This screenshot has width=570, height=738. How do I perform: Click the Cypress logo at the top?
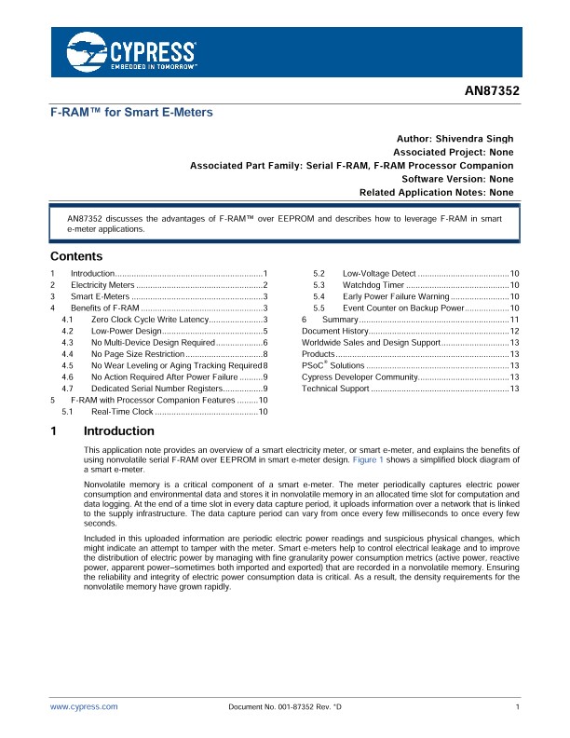(131, 53)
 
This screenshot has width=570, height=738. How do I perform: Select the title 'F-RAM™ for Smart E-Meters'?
(131, 112)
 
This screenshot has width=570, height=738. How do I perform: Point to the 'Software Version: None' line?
(457, 178)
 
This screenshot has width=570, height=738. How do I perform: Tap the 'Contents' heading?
(76, 256)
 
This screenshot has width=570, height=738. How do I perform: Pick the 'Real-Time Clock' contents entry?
(122, 411)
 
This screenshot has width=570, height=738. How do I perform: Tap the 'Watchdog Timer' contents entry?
(373, 284)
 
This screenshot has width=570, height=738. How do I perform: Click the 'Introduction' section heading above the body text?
(118, 431)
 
